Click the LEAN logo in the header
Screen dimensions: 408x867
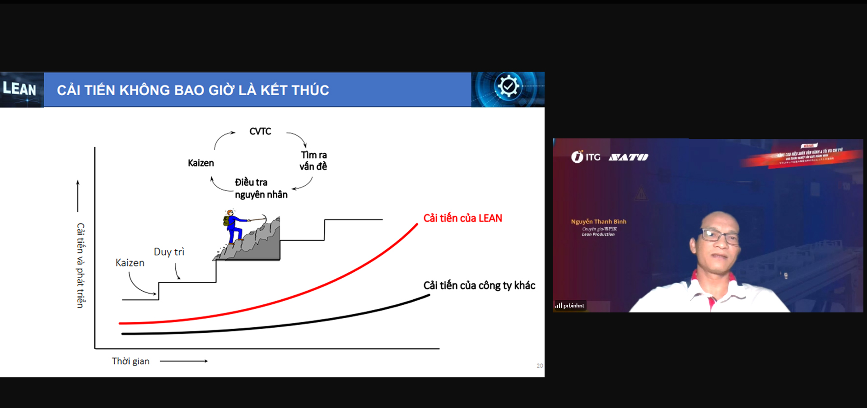point(20,89)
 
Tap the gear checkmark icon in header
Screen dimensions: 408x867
point(508,86)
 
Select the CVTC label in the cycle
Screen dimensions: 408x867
point(260,131)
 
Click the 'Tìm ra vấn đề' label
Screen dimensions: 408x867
point(313,160)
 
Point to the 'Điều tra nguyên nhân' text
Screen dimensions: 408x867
point(261,188)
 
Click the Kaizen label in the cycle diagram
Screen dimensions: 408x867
point(200,163)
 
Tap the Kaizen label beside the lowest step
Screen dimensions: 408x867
point(130,263)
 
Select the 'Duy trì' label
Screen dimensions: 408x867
point(169,252)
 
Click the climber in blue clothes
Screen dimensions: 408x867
point(233,226)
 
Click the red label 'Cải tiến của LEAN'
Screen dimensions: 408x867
point(462,218)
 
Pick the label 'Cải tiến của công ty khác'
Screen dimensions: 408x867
point(479,285)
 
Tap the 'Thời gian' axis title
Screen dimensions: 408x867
point(131,361)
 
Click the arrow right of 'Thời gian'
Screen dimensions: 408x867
point(184,361)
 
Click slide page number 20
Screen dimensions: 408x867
point(540,366)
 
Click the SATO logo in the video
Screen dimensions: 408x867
point(628,157)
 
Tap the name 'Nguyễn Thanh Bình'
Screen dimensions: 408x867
point(598,221)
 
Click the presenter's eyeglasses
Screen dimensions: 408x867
point(720,236)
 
